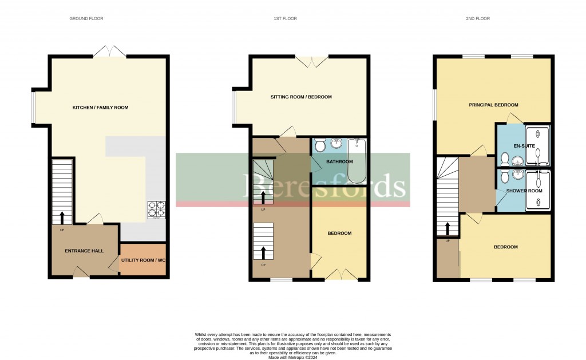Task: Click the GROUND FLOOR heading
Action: pos(86,19)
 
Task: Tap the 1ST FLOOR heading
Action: pos(284,19)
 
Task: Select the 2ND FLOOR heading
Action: pos(478,19)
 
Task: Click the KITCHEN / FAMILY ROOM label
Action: pos(100,108)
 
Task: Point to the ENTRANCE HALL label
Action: pos(84,251)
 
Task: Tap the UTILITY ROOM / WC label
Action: pos(144,260)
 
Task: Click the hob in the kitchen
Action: pos(156,210)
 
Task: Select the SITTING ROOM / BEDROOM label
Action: pos(301,97)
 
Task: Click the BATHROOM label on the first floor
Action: pos(339,162)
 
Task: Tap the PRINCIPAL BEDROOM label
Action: pos(493,105)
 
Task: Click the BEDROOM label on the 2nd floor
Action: pos(506,247)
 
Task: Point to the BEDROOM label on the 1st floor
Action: pos(339,234)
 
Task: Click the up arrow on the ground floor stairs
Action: pos(62,217)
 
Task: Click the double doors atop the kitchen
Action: pos(109,52)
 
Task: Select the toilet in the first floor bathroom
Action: pos(320,145)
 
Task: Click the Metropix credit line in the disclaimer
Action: pos(293,358)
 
